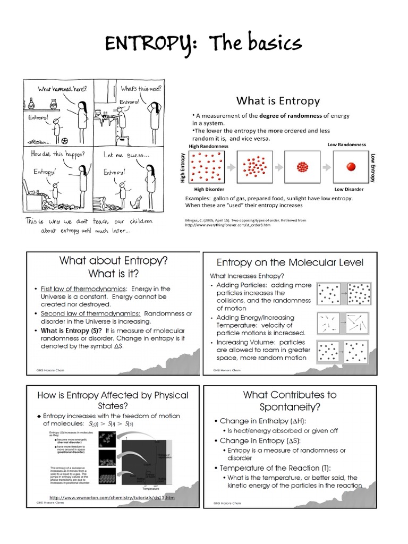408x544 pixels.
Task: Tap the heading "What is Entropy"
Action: (x=278, y=100)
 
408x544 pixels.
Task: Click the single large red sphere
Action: (x=351, y=167)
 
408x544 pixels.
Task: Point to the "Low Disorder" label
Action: (x=348, y=189)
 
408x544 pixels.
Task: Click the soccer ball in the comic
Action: (x=64, y=141)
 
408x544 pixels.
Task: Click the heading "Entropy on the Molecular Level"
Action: (x=290, y=262)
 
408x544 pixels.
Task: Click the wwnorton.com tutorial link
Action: (x=112, y=498)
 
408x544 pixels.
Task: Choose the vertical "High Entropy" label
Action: (x=183, y=168)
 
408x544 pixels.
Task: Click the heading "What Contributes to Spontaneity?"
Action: (x=290, y=401)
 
